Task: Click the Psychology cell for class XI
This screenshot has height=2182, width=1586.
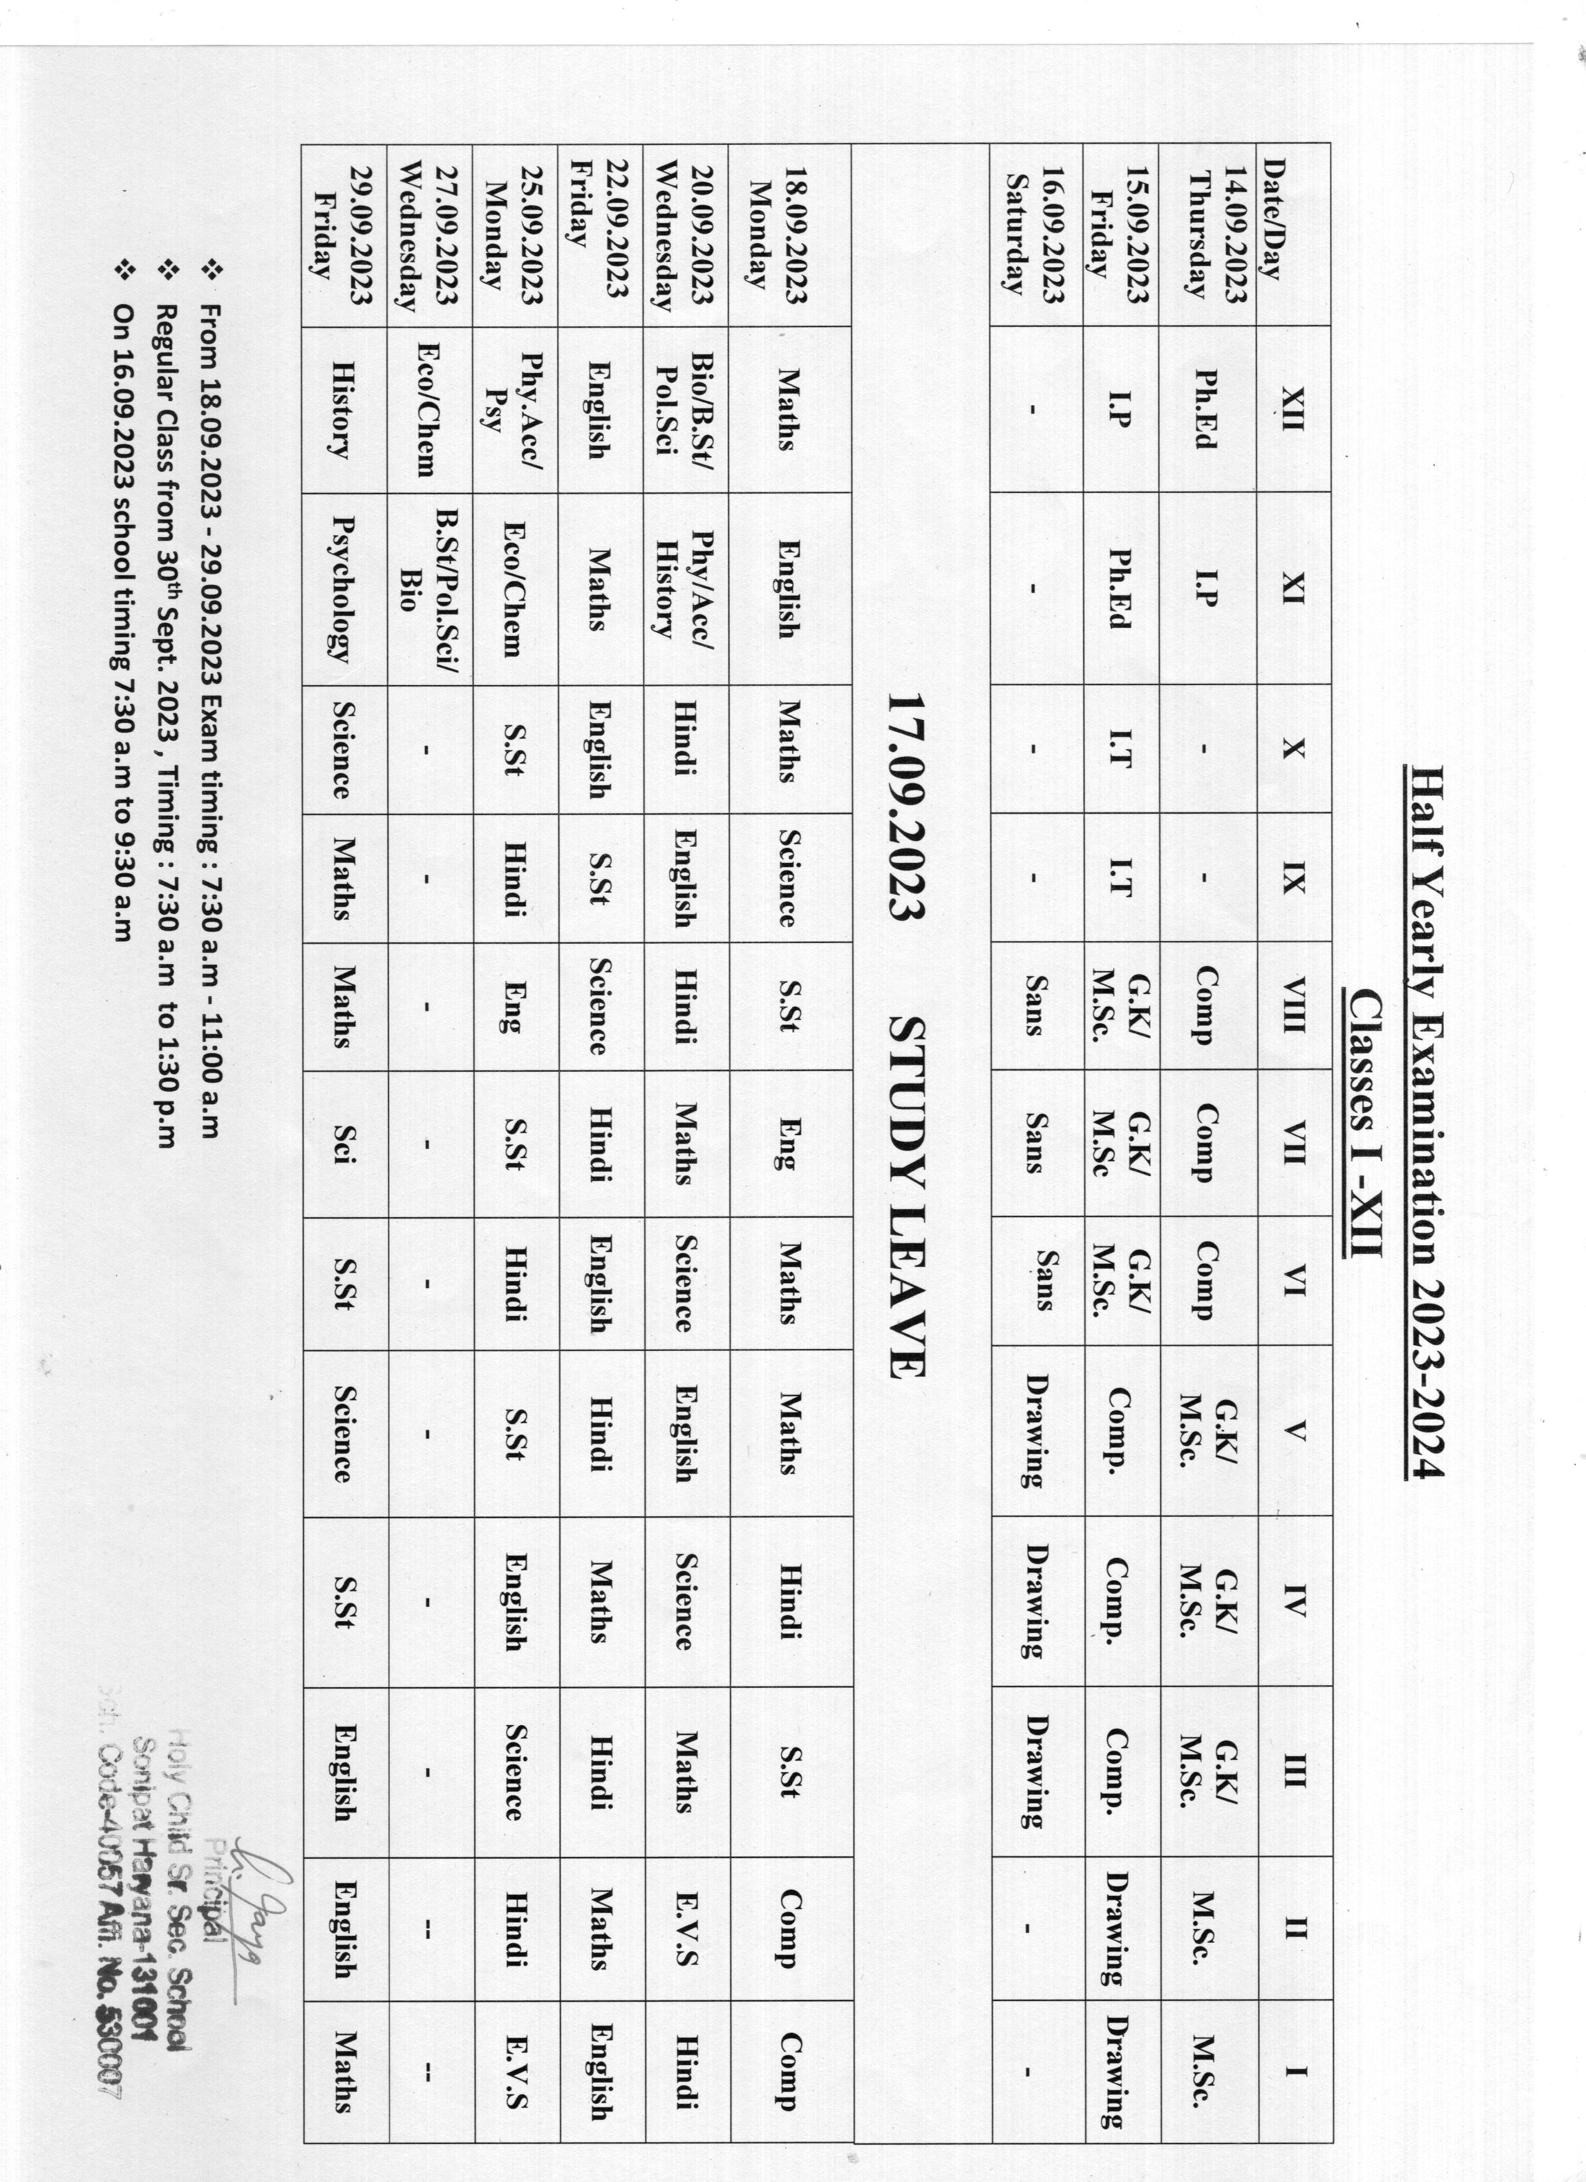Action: [341, 589]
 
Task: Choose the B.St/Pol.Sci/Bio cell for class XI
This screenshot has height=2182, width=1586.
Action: [429, 589]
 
